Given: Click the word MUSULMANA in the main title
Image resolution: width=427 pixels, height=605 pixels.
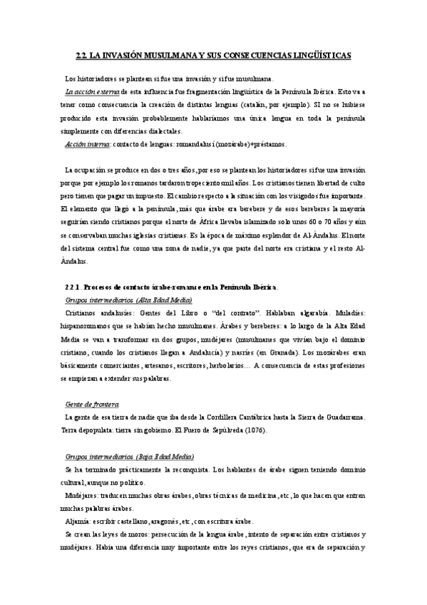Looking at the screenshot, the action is [156, 54].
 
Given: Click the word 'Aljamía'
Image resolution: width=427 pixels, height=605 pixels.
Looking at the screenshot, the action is [77, 520].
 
